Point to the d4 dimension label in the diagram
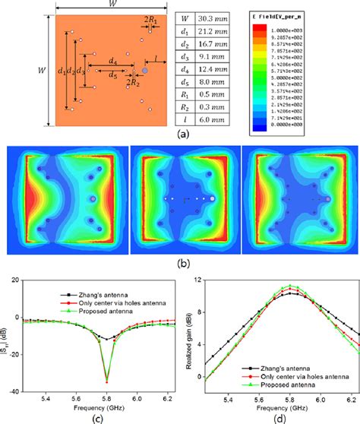pyautogui.click(x=112, y=59)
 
